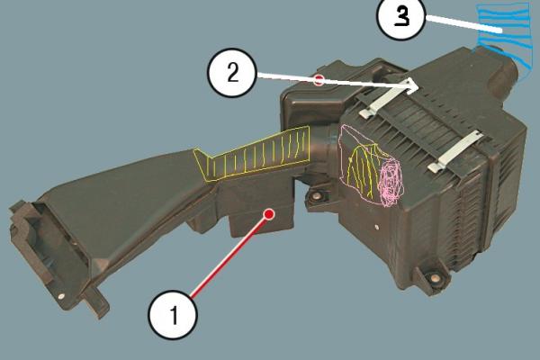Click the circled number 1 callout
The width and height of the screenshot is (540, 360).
(173, 315)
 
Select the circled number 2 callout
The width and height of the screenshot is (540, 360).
(232, 73)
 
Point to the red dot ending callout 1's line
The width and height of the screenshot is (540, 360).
(269, 214)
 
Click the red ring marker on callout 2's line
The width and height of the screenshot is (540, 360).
(319, 80)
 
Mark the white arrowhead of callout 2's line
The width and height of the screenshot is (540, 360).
(411, 85)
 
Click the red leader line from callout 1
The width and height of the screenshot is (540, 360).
(229, 256)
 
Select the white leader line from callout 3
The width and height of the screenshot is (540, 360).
(463, 25)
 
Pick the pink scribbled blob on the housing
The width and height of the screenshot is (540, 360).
(391, 182)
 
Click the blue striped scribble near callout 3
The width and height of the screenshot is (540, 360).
(502, 38)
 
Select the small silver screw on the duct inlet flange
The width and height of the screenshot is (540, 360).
(61, 296)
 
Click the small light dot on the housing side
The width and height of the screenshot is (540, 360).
(378, 227)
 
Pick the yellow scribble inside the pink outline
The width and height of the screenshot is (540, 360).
(364, 168)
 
